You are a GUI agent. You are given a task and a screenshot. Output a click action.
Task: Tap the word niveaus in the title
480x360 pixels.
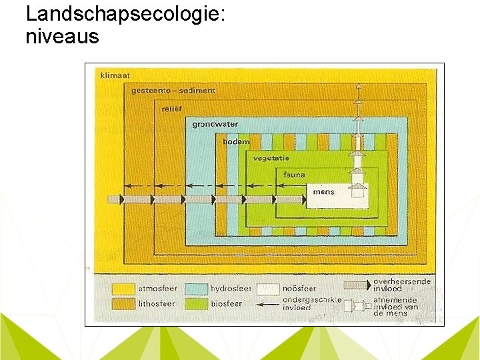click(x=62, y=37)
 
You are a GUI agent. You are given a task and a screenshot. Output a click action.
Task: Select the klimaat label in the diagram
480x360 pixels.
click(x=115, y=75)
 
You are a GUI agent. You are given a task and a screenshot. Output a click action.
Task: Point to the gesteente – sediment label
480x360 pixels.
click(x=164, y=91)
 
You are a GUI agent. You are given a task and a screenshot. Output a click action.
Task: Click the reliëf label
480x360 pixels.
click(x=172, y=107)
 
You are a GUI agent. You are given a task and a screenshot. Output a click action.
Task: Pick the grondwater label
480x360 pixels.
click(x=215, y=124)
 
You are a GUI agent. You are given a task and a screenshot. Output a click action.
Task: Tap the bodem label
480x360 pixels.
click(x=236, y=141)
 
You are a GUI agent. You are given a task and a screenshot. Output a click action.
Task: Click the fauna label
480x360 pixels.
click(x=294, y=175)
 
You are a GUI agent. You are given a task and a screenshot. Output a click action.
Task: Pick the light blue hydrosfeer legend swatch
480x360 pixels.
click(x=197, y=289)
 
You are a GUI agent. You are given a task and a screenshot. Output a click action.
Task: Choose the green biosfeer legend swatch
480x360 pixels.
click(x=197, y=303)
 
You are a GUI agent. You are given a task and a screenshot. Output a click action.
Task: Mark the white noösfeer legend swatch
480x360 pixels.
click(x=269, y=289)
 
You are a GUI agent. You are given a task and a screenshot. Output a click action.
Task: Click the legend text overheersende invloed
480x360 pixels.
click(x=402, y=285)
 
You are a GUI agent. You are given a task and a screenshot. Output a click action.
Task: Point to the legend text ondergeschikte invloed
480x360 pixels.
click(x=312, y=303)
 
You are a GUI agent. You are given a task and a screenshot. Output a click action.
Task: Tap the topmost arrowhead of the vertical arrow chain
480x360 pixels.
click(x=358, y=87)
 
